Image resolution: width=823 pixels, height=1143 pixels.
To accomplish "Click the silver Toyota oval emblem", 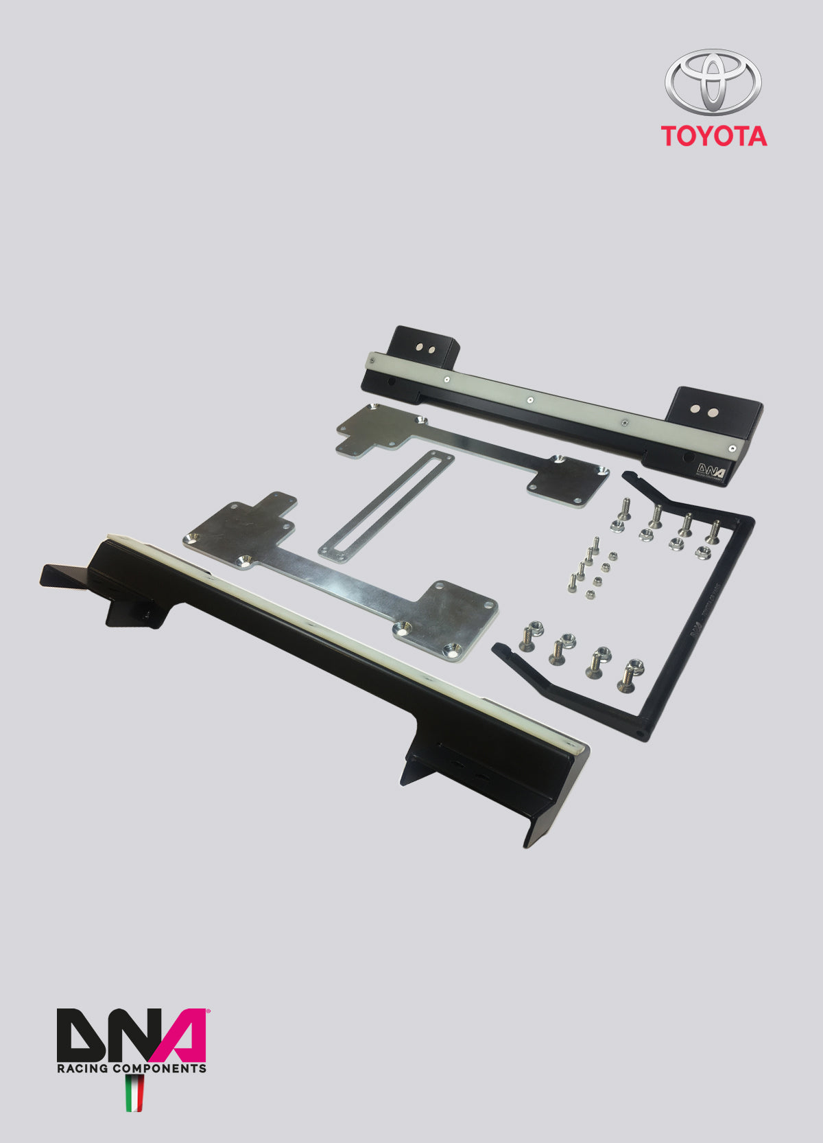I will (x=713, y=81).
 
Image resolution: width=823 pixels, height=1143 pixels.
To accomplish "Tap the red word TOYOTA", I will (x=713, y=136).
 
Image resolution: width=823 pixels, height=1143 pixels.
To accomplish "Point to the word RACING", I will (x=82, y=1068).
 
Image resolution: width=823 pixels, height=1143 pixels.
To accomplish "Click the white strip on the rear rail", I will (x=549, y=405).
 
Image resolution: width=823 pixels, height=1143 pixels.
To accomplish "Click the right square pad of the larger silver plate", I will (x=453, y=618).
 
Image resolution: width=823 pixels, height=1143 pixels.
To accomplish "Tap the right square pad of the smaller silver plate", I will (x=569, y=481).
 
